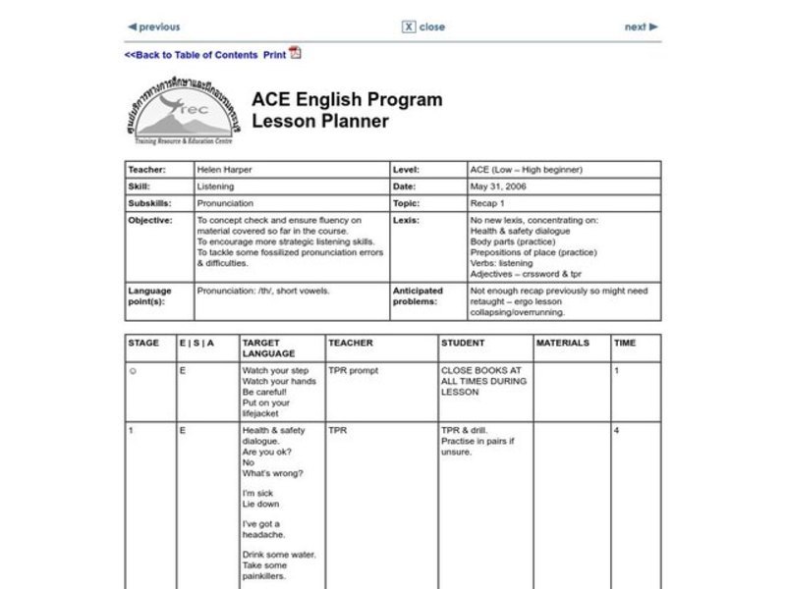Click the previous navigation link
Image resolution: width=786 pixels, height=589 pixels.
click(x=155, y=27)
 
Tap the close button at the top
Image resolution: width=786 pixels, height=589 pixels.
click(x=423, y=27)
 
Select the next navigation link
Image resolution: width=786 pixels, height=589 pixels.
click(x=641, y=27)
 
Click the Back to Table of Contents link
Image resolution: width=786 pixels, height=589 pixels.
click(x=191, y=55)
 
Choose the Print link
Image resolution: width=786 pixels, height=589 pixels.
click(x=274, y=55)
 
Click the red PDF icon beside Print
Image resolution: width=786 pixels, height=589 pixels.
click(x=295, y=54)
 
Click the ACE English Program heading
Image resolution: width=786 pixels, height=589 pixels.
click(x=347, y=99)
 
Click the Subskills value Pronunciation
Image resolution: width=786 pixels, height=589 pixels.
click(x=225, y=203)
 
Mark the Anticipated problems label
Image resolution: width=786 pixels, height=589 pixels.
click(x=418, y=295)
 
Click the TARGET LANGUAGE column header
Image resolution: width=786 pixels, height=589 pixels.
click(x=268, y=348)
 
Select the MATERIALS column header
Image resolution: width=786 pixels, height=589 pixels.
click(x=563, y=343)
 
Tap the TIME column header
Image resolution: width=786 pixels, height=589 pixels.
click(x=625, y=343)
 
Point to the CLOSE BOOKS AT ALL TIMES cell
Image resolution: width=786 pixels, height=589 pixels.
click(x=483, y=381)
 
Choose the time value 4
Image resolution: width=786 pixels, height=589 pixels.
click(x=616, y=430)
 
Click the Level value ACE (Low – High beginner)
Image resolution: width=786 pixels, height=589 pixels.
click(x=526, y=169)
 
